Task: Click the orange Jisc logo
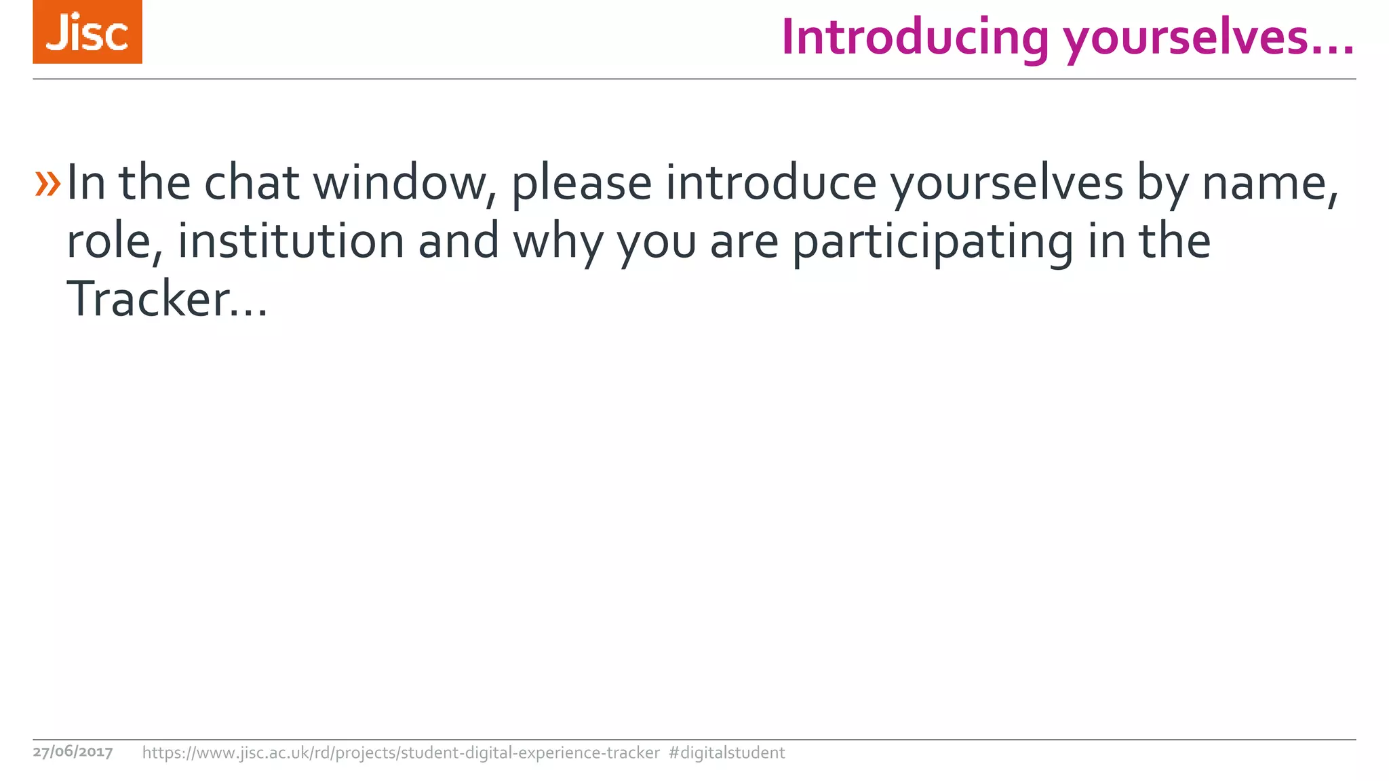point(87,32)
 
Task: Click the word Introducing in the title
point(914,37)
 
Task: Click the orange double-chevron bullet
point(47,184)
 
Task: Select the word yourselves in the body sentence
point(1006,184)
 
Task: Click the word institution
point(291,242)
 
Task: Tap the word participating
point(933,243)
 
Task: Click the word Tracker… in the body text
point(167,300)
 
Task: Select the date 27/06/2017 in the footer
point(73,752)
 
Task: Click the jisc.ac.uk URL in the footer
point(400,753)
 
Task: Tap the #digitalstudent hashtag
point(726,753)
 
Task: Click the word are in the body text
point(744,243)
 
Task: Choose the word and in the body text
point(458,242)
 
